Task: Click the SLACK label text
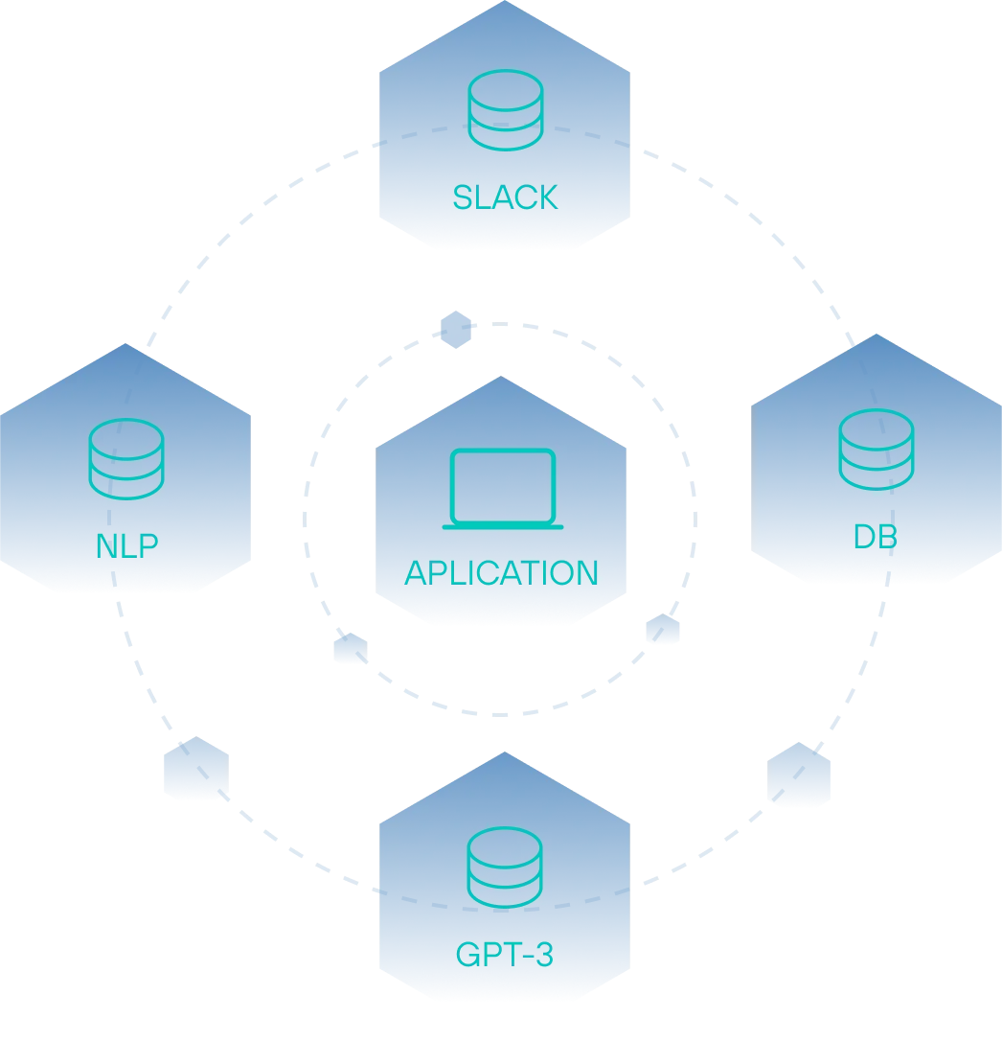click(x=505, y=197)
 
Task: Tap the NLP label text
click(x=126, y=545)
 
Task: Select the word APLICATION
click(x=501, y=572)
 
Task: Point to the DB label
click(x=876, y=537)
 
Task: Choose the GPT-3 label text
click(x=504, y=955)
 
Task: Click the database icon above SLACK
click(x=506, y=110)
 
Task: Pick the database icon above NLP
click(x=126, y=459)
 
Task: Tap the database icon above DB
click(x=877, y=450)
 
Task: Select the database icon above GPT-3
click(x=505, y=867)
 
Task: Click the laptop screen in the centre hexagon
click(x=503, y=486)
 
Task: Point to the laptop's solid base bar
click(x=503, y=527)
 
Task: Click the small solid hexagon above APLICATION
click(x=456, y=330)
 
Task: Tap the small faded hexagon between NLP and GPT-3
click(x=196, y=767)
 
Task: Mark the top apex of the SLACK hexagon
click(x=504, y=1)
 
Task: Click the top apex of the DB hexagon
click(x=876, y=334)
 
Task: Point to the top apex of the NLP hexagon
click(x=125, y=343)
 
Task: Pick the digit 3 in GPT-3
click(x=544, y=955)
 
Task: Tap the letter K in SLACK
click(x=547, y=197)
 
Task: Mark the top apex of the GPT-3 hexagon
click(x=504, y=752)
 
